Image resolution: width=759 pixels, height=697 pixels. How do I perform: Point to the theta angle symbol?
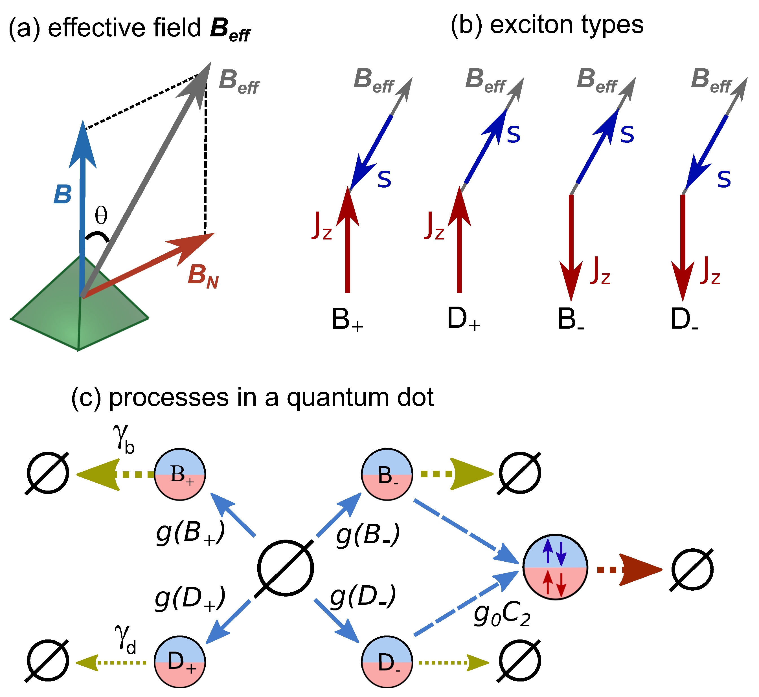pos(101,216)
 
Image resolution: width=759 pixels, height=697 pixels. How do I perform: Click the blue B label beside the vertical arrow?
pos(62,195)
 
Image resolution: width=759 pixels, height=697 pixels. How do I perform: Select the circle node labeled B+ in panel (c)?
pos(180,474)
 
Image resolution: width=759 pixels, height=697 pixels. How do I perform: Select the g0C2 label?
pos(502,616)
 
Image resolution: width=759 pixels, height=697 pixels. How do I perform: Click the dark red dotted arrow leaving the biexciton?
pos(628,570)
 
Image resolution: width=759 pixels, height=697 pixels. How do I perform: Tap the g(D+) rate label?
pos(190,600)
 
